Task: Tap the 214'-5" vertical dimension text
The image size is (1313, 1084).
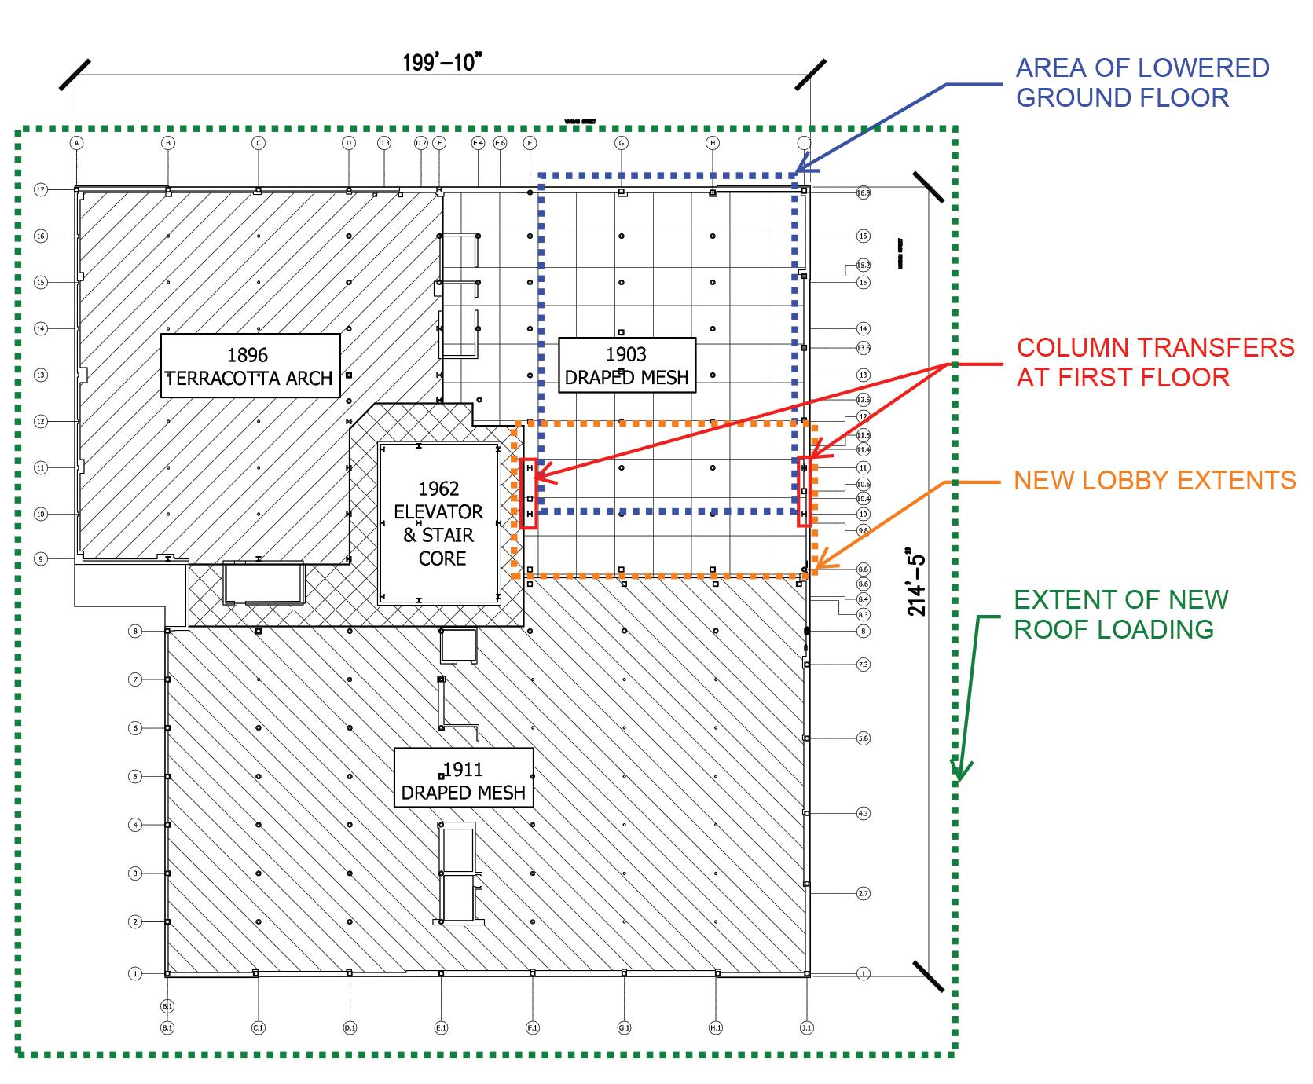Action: pos(917,581)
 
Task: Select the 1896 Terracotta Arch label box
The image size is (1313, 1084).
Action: pos(251,366)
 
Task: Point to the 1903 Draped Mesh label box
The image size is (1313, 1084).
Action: pos(626,365)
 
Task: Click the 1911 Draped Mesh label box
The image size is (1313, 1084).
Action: pos(464,781)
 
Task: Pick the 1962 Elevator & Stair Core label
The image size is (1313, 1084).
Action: pos(438,523)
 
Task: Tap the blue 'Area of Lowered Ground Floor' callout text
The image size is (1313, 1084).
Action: pos(1142,82)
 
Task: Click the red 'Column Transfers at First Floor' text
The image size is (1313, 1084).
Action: pos(1155,362)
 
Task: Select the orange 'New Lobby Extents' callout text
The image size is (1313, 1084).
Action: pos(1154,480)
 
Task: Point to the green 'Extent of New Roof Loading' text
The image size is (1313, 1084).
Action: pos(1120,614)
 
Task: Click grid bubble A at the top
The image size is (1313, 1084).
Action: pos(76,143)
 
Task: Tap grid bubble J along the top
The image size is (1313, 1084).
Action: pos(804,143)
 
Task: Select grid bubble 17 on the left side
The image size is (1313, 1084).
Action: pos(41,189)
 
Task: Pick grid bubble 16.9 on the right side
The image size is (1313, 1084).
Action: pos(863,192)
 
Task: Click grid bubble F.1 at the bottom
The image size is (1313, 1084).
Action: pos(533,1027)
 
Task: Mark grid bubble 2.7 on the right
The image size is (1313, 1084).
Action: pos(863,893)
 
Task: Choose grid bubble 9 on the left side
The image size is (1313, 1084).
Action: pos(41,559)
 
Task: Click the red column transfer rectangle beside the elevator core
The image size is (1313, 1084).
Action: pos(530,493)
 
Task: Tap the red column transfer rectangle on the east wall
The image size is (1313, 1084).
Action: pos(804,491)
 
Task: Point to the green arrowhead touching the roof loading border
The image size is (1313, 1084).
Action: pos(959,774)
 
